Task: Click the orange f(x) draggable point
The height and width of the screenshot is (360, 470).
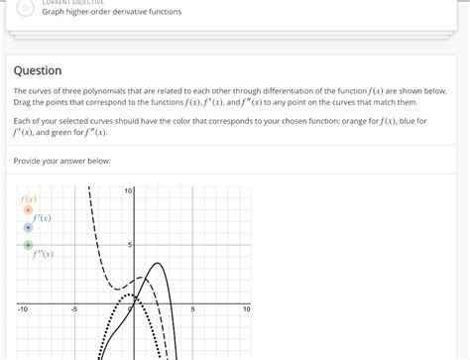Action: coord(28,210)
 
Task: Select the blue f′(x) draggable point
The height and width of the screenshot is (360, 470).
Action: coord(28,227)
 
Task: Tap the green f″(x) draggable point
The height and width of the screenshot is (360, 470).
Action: coord(28,244)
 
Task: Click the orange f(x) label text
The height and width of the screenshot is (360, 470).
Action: coord(29,198)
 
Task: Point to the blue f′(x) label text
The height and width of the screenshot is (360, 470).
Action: coord(43,217)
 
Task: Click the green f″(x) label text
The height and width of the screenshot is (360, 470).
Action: coord(43,255)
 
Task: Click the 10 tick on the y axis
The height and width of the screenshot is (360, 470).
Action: coord(129,190)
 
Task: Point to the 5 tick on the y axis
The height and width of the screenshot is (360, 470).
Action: coord(130,244)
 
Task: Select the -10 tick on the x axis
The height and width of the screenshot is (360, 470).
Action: coord(22,309)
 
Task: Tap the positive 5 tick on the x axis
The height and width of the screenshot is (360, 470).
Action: coord(192,309)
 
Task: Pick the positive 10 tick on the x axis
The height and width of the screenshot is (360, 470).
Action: coord(246,309)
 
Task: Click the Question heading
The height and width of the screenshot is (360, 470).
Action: coord(38,70)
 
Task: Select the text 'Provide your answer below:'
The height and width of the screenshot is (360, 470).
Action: coord(61,161)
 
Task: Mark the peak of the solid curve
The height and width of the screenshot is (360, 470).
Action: coord(156,263)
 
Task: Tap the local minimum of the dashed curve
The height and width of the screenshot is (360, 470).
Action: coord(120,293)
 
